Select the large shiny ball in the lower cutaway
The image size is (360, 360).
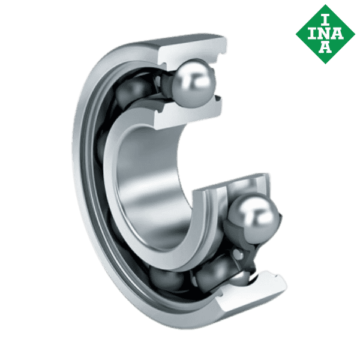point(255,217)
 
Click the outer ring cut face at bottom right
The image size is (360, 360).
point(267,281)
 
